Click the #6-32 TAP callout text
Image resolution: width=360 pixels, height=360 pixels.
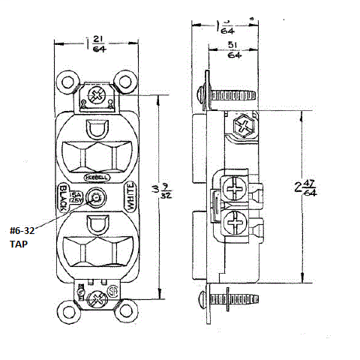[x=24, y=238]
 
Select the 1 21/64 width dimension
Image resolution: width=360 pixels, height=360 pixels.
[x=96, y=43]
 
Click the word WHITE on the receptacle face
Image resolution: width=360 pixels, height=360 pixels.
[x=129, y=198]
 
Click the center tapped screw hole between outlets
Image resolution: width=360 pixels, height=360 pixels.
[x=96, y=199]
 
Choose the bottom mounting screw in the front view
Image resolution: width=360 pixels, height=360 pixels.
[x=96, y=300]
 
